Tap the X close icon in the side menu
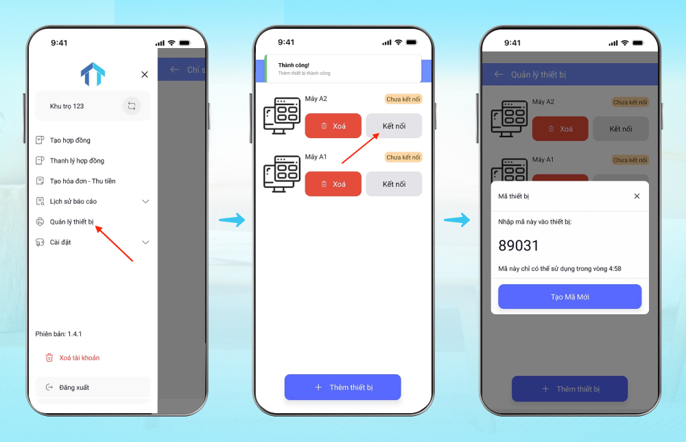pos(144,74)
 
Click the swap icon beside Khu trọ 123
pos(132,106)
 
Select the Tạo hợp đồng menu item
pos(70,140)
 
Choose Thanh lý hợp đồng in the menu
pos(77,161)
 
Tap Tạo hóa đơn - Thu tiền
pos(82,181)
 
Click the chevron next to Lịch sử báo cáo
pos(145,201)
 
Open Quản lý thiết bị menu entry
pos(71,222)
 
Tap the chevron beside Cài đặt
pos(145,242)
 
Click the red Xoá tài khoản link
pos(79,358)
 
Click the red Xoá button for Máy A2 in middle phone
pos(333,126)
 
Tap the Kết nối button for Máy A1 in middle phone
pos(394,184)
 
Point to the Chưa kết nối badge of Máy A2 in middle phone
pos(403,99)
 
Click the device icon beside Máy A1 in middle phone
pos(282,174)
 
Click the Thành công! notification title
pos(294,65)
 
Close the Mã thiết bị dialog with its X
pos(637,196)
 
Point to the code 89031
pos(519,246)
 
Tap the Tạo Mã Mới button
pos(569,296)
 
